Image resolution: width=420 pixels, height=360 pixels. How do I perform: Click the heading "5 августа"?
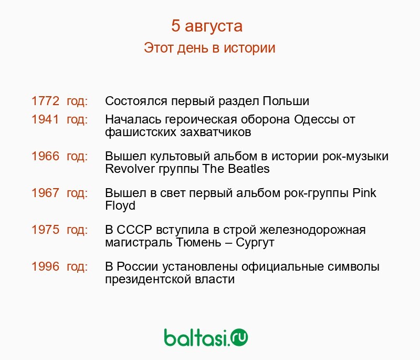(x=207, y=26)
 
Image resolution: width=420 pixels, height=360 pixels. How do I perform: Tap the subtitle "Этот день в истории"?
(x=209, y=48)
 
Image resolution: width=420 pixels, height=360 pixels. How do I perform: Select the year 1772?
(x=45, y=101)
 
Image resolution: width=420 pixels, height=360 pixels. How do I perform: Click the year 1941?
(x=45, y=119)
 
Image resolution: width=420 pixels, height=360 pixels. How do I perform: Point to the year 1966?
(x=45, y=156)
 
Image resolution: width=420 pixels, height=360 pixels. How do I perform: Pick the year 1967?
(x=45, y=193)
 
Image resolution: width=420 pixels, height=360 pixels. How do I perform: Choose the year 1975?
(x=45, y=230)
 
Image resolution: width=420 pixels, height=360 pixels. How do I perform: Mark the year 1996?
(x=45, y=266)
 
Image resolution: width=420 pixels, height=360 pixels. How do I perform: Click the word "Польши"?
(x=286, y=101)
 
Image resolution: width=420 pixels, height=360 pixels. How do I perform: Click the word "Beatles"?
(x=249, y=169)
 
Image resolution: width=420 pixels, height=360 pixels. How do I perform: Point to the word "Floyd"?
(x=120, y=205)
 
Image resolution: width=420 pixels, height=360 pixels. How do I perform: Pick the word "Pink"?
(x=364, y=193)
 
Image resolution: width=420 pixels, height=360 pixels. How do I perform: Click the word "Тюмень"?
(x=199, y=242)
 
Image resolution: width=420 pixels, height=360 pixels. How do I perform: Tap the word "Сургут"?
(x=255, y=243)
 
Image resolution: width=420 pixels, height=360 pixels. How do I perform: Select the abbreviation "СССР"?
(x=134, y=230)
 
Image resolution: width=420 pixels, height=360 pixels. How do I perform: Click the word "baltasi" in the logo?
(x=196, y=337)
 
